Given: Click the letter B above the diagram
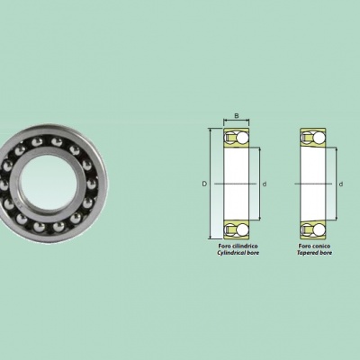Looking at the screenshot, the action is coord(237,116).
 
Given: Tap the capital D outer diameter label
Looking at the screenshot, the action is coord(204,184).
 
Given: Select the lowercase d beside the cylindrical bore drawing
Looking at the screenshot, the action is coord(265,184).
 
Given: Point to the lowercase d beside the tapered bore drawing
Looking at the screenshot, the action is coord(341,184).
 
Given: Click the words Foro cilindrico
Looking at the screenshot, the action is coord(238,247).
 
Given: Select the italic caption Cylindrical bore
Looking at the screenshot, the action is coord(238,253).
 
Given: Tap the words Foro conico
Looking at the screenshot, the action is coord(314,247).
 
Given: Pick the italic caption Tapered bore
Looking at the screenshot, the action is coord(314,253).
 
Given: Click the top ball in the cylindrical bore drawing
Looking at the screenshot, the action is coord(242,138).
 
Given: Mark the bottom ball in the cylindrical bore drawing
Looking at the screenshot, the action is coord(242,230).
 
